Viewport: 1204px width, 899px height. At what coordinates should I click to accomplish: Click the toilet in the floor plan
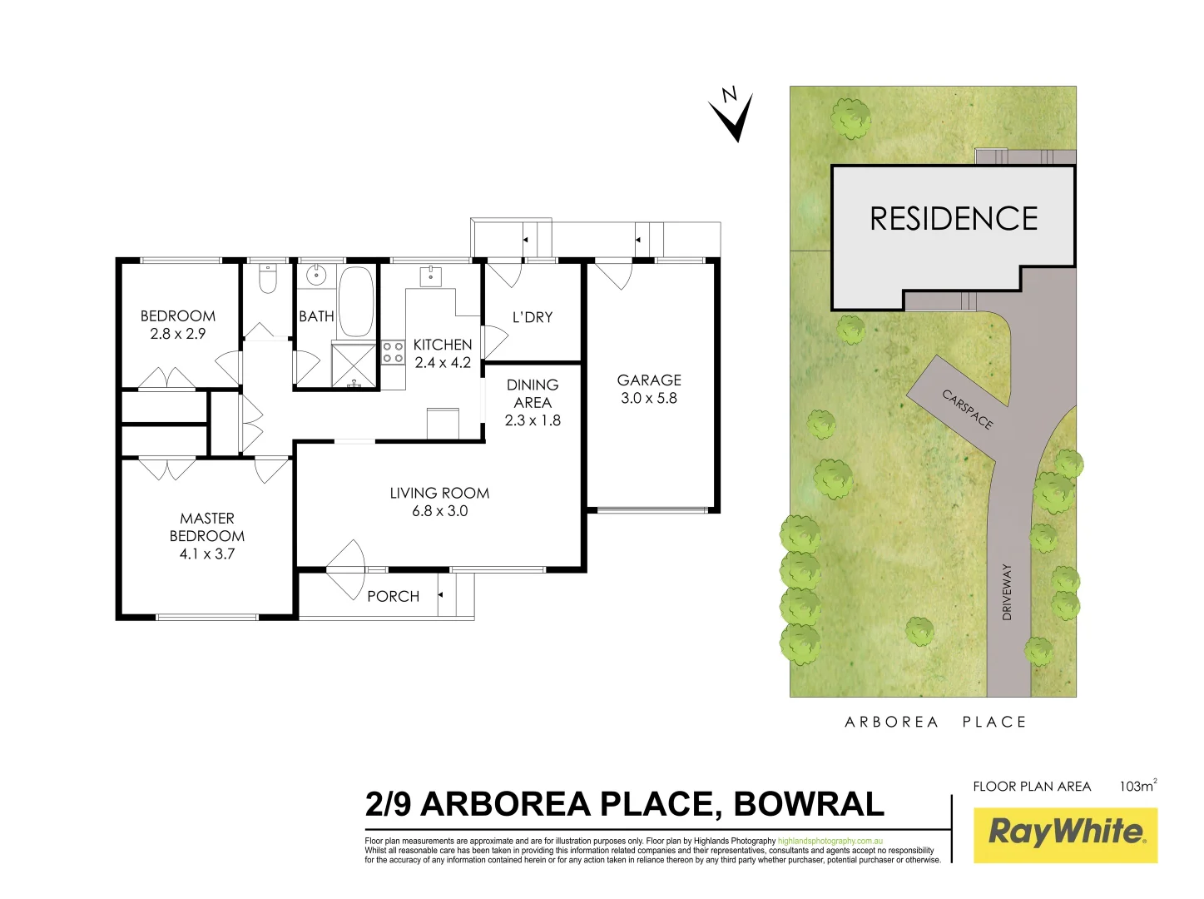click(x=267, y=281)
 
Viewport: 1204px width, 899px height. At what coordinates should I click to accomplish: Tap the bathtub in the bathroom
click(x=356, y=300)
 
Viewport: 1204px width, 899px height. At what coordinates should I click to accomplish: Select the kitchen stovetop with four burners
click(x=393, y=352)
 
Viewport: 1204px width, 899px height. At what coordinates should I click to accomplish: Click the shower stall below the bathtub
click(x=354, y=365)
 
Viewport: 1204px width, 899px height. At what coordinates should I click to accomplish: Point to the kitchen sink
click(x=431, y=276)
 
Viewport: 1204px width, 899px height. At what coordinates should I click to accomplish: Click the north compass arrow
click(x=732, y=115)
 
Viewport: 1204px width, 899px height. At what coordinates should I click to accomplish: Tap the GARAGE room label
click(x=649, y=380)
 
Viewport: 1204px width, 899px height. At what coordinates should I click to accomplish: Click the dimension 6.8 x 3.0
click(x=439, y=511)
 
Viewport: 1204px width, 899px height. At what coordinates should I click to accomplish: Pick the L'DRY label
click(x=533, y=317)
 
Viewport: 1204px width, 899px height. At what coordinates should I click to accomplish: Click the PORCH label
click(x=393, y=596)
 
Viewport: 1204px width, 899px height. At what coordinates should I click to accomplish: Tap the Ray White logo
click(x=1065, y=834)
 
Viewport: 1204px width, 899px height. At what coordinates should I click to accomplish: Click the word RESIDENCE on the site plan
click(x=954, y=219)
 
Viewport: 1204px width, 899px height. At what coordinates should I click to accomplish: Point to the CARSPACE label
click(x=968, y=409)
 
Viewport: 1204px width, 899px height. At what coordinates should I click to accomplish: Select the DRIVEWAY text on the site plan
click(x=1007, y=592)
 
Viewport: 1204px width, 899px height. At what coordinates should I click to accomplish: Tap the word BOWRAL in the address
click(x=809, y=804)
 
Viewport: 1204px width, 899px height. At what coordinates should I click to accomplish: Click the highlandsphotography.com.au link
click(x=830, y=842)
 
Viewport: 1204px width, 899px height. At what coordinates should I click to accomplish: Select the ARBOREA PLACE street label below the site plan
click(x=935, y=722)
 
